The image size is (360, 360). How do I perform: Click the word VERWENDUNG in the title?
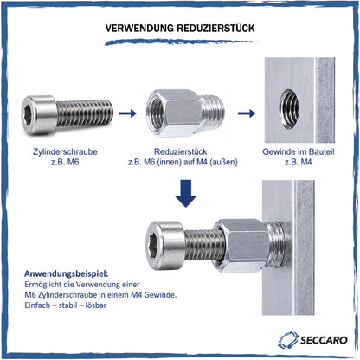pyautogui.click(x=139, y=28)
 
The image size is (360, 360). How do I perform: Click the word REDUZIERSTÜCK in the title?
pyautogui.click(x=215, y=28)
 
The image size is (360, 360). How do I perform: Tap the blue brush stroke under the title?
pyautogui.click(x=182, y=42)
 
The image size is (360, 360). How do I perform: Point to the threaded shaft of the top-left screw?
pyautogui.click(x=84, y=112)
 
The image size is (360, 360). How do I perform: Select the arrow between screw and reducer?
pyautogui.click(x=127, y=113)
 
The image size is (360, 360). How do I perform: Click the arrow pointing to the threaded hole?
pyautogui.click(x=247, y=113)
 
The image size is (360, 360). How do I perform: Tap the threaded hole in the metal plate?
pyautogui.click(x=289, y=109)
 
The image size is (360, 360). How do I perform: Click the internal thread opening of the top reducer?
pyautogui.click(x=156, y=112)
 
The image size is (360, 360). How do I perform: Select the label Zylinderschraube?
pyautogui.click(x=65, y=151)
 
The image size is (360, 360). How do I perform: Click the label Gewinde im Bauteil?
pyautogui.click(x=299, y=151)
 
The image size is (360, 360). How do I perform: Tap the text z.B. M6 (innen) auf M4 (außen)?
pyautogui.click(x=183, y=162)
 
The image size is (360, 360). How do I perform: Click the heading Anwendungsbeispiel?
pyautogui.click(x=67, y=273)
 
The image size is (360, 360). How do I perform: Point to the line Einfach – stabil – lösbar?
pyautogui.click(x=66, y=305)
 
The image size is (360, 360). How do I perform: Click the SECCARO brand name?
pyautogui.click(x=324, y=340)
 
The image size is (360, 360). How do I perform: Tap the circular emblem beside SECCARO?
pyautogui.click(x=288, y=340)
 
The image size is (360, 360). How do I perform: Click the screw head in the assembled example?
pyautogui.click(x=164, y=246)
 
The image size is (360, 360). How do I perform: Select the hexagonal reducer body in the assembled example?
pyautogui.click(x=240, y=246)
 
